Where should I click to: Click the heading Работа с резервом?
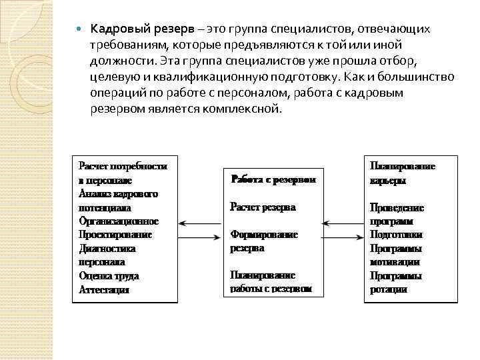(x=273, y=179)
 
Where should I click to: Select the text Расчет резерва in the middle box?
(x=262, y=207)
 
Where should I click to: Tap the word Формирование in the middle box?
(x=264, y=235)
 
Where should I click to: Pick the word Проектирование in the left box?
(x=115, y=235)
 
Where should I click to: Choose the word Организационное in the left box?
(x=119, y=221)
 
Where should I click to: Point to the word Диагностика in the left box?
(x=107, y=249)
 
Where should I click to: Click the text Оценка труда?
(x=109, y=276)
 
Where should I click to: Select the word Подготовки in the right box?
(x=396, y=235)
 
